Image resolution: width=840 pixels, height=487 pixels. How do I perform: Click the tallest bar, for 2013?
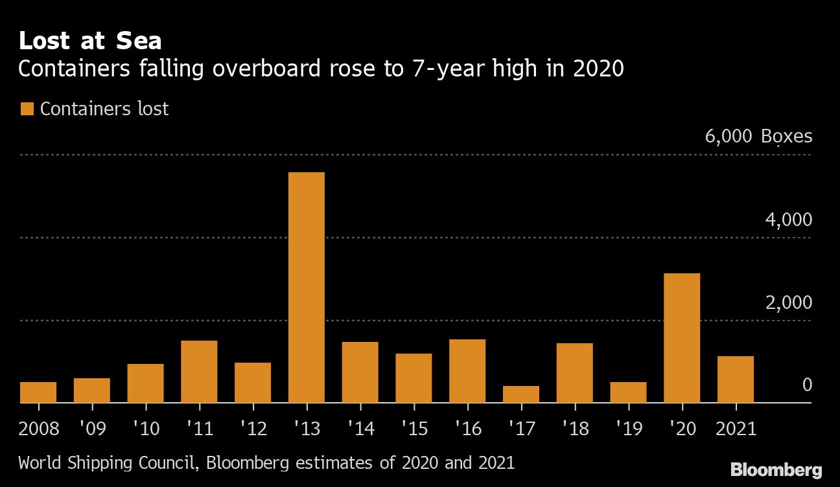tap(307, 288)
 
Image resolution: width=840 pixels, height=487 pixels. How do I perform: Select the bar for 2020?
tap(682, 338)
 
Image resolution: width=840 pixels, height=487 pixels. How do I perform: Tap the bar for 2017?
tap(521, 394)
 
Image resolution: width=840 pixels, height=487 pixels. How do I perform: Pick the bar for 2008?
tap(38, 392)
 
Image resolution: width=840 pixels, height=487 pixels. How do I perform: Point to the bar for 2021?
tap(736, 379)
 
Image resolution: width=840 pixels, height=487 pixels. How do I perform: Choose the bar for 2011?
tap(199, 372)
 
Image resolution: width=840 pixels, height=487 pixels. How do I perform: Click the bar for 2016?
tap(467, 371)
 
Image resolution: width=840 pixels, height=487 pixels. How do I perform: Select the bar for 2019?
tap(629, 392)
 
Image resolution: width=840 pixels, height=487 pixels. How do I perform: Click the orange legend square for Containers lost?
tap(27, 109)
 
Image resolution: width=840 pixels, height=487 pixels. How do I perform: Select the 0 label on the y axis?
tap(807, 385)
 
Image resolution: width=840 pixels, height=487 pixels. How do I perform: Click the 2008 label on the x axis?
tap(39, 429)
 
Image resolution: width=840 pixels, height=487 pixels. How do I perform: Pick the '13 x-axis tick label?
tap(307, 429)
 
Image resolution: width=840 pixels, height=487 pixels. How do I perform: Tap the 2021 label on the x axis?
tap(736, 429)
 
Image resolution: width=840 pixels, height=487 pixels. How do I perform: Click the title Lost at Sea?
tap(90, 41)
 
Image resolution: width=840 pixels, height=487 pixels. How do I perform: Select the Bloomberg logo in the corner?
tap(776, 470)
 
